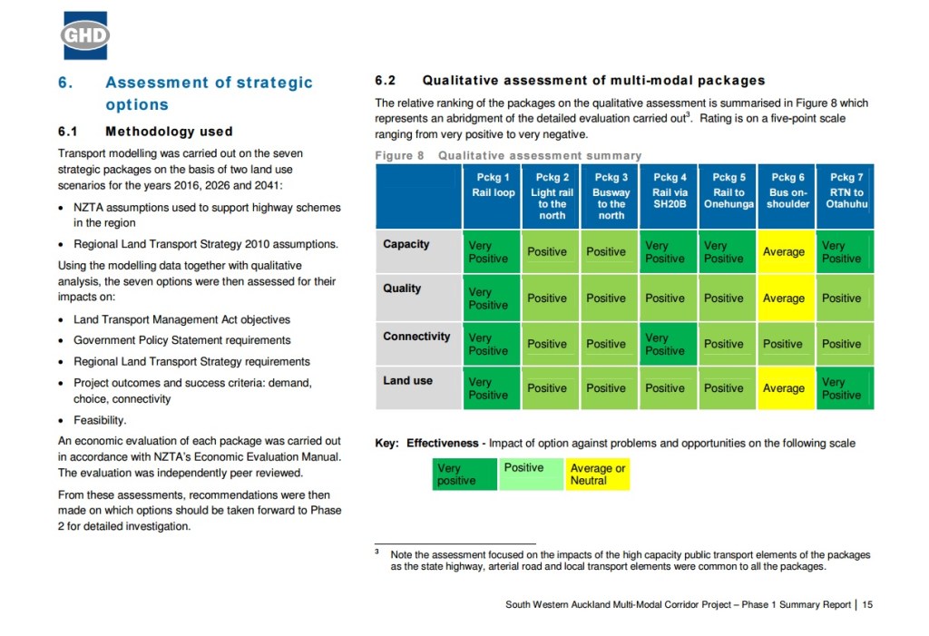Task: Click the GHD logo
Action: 85,35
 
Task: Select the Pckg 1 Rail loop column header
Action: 493,185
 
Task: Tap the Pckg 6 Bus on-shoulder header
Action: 787,191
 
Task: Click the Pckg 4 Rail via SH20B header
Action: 670,191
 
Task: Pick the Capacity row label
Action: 406,245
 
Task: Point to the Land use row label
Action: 408,381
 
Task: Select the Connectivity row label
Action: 416,337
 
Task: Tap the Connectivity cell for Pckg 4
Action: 670,344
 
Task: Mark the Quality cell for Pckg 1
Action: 493,298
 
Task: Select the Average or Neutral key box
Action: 597,474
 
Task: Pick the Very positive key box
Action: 464,474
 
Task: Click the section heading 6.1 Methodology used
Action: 145,132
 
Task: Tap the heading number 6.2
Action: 386,81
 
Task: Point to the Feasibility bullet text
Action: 100,421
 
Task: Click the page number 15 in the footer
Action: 867,604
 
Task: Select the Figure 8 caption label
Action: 399,156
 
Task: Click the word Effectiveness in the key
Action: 442,444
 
